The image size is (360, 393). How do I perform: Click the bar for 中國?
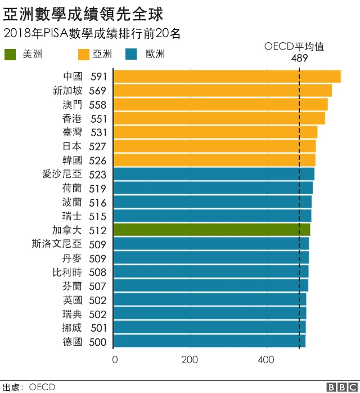tap(227, 77)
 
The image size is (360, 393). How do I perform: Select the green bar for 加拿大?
tap(211, 230)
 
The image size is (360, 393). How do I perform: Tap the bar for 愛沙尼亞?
tap(214, 174)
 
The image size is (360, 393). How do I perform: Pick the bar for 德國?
tap(209, 341)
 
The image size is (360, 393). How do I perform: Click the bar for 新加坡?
tap(223, 91)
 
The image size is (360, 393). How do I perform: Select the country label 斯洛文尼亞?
tap(57, 244)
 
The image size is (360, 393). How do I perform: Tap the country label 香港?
tap(72, 118)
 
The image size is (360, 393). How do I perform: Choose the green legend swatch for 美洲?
tap(11, 55)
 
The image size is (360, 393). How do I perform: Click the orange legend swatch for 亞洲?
tap(84, 55)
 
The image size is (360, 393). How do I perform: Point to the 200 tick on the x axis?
tap(190, 360)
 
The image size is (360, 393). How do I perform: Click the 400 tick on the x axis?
tap(266, 360)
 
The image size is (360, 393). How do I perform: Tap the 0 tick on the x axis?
tap(115, 360)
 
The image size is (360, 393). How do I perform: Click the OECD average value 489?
tap(299, 58)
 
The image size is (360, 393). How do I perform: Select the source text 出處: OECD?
tap(29, 387)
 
